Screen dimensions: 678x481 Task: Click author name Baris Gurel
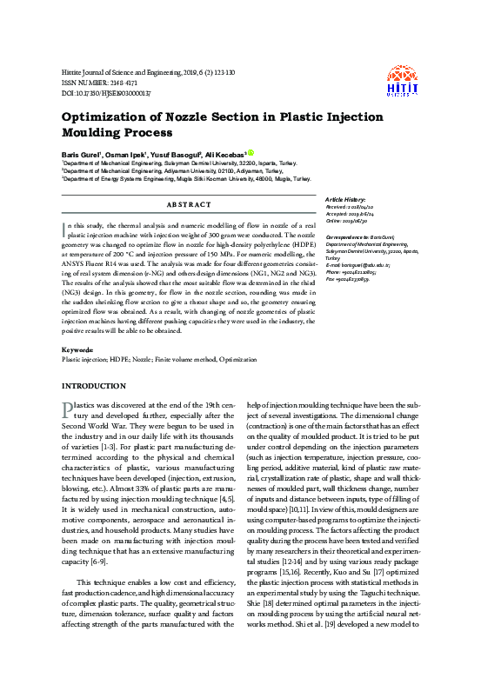[x=81, y=153]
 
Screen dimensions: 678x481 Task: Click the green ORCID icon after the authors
[x=251, y=152]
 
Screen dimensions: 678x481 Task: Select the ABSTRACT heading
[x=187, y=204]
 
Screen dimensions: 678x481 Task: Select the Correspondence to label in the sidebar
[x=344, y=236]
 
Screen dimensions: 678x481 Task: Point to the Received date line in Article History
[x=349, y=208]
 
